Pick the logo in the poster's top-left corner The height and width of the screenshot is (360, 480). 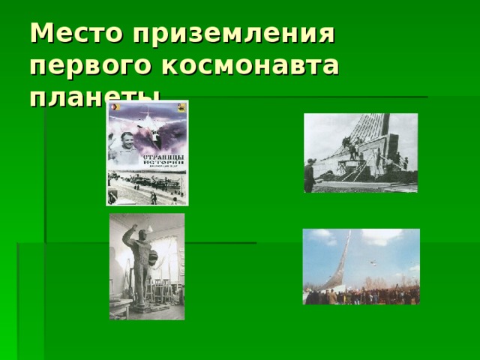point(115,108)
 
